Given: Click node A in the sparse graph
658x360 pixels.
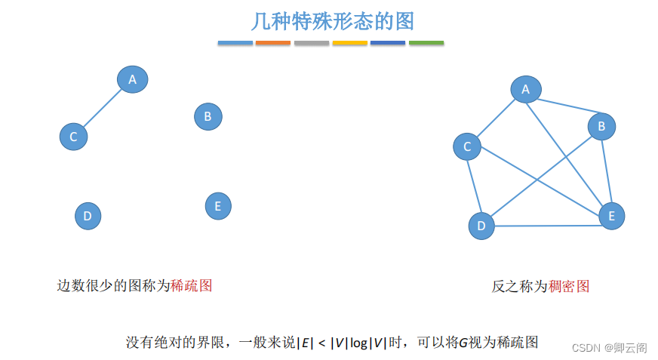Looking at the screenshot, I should pyautogui.click(x=132, y=79).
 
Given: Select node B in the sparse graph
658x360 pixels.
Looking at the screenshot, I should pyautogui.click(x=208, y=117).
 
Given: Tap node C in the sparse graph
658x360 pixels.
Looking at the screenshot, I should pyautogui.click(x=73, y=137).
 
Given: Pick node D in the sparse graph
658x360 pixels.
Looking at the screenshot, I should pyautogui.click(x=88, y=217).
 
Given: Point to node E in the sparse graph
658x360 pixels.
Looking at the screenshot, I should pyautogui.click(x=218, y=205).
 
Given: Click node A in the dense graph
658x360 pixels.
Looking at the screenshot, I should pyautogui.click(x=526, y=90).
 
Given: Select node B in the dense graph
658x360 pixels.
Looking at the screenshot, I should pyautogui.click(x=601, y=126).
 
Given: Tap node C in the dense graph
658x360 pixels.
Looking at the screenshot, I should pyautogui.click(x=467, y=146).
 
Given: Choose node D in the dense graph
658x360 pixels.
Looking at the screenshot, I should pyautogui.click(x=481, y=226).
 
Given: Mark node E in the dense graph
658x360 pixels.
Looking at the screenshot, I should pyautogui.click(x=612, y=216).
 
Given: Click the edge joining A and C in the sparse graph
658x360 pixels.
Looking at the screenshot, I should pyautogui.click(x=103, y=108).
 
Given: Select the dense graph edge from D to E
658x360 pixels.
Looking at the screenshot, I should pyautogui.click(x=547, y=225).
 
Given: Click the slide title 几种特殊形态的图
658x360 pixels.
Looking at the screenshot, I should pyautogui.click(x=332, y=21).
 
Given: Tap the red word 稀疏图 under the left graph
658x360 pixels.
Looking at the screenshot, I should pyautogui.click(x=192, y=285).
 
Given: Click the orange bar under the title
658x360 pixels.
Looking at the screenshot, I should pyautogui.click(x=273, y=43).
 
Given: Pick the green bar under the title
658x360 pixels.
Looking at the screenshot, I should pyautogui.click(x=426, y=43).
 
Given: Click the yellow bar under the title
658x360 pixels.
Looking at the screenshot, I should pyautogui.click(x=349, y=43).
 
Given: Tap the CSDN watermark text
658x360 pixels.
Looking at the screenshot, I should pyautogui.click(x=609, y=347).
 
